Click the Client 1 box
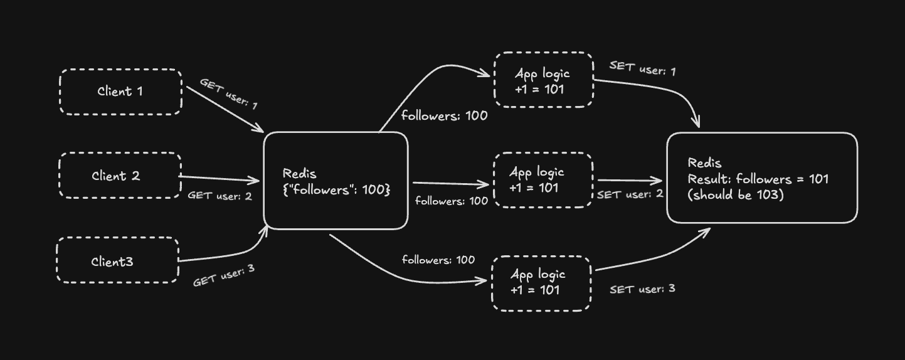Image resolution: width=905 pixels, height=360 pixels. (x=120, y=92)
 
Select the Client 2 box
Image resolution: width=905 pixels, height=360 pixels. (x=119, y=176)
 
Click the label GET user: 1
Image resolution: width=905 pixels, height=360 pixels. (x=229, y=94)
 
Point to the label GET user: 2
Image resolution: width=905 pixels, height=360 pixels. (x=220, y=196)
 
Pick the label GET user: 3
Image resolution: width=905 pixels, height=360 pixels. (x=223, y=275)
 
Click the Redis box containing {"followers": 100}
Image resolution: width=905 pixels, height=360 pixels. (x=336, y=181)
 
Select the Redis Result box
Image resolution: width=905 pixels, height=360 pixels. (x=761, y=178)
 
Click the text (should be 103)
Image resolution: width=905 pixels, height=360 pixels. (x=736, y=195)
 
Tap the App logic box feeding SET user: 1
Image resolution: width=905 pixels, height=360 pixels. (x=543, y=80)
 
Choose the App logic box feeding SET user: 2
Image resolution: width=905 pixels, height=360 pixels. (x=542, y=179)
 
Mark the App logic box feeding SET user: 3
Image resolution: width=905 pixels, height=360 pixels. (x=541, y=282)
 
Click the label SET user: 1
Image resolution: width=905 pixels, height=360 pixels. (x=642, y=68)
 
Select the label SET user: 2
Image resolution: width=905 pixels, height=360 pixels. (x=630, y=194)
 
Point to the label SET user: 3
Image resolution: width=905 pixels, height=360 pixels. (x=642, y=289)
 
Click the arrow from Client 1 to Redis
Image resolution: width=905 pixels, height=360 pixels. (x=225, y=109)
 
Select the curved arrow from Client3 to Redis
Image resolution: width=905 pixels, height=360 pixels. (x=232, y=253)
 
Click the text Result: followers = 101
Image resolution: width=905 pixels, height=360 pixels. (x=758, y=179)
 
